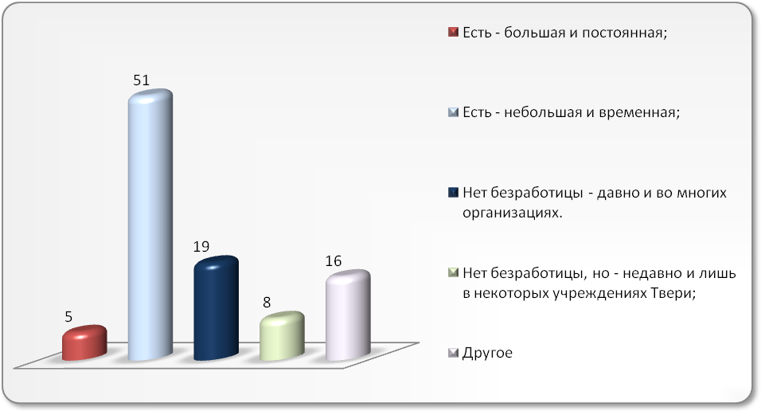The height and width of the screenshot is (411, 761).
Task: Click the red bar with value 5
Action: click(84, 342)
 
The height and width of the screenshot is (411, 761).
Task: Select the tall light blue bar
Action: click(150, 225)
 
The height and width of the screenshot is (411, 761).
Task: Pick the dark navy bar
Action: click(216, 308)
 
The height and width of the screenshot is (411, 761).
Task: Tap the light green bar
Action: click(282, 336)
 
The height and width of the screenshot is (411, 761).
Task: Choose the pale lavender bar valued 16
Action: click(348, 315)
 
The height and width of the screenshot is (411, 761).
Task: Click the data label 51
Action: click(141, 80)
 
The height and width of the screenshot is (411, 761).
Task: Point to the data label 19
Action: click(201, 247)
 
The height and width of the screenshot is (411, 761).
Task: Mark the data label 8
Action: click(267, 303)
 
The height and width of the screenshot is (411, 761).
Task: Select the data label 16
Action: click(334, 261)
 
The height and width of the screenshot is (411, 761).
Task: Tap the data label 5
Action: click(68, 317)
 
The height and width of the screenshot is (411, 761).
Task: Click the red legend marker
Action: click(453, 32)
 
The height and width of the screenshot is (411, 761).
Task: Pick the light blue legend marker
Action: click(453, 112)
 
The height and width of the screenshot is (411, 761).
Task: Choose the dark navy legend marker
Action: click(453, 193)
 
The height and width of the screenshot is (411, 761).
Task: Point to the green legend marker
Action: click(453, 272)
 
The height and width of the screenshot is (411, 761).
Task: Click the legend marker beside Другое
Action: click(453, 353)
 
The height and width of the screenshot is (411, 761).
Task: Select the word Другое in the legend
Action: click(487, 353)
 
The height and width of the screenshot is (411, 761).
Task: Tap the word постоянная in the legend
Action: click(625, 33)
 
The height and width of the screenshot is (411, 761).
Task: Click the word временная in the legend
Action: click(640, 113)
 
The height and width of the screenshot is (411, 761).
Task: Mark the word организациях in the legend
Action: click(512, 213)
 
